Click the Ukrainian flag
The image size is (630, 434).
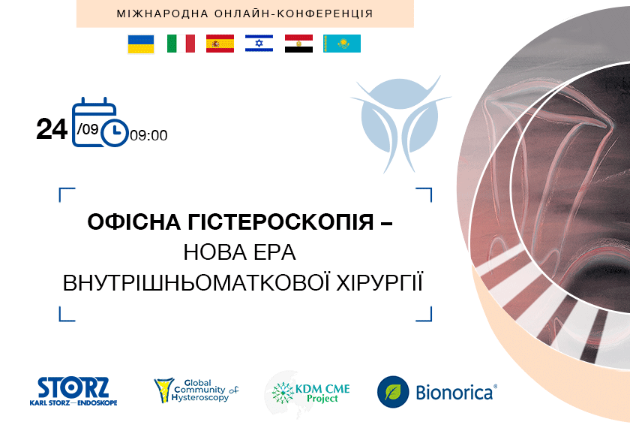(141, 44)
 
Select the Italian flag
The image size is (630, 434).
(181, 44)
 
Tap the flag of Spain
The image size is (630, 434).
(220, 44)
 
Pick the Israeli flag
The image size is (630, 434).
(259, 44)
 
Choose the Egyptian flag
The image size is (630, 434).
(299, 44)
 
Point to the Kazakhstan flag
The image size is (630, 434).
(342, 44)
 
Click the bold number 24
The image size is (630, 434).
(52, 129)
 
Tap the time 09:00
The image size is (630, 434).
(148, 136)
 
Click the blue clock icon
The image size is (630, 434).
(115, 132)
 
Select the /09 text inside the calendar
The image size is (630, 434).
(88, 128)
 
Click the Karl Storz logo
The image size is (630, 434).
(73, 391)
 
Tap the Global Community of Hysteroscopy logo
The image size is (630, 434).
(196, 390)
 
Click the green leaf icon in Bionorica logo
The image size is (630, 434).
(393, 392)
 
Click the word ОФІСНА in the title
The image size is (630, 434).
(134, 222)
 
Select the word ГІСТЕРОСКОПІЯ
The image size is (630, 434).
(280, 222)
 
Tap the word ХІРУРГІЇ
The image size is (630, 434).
(379, 282)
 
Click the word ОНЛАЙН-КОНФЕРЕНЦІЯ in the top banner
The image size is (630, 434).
(294, 14)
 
